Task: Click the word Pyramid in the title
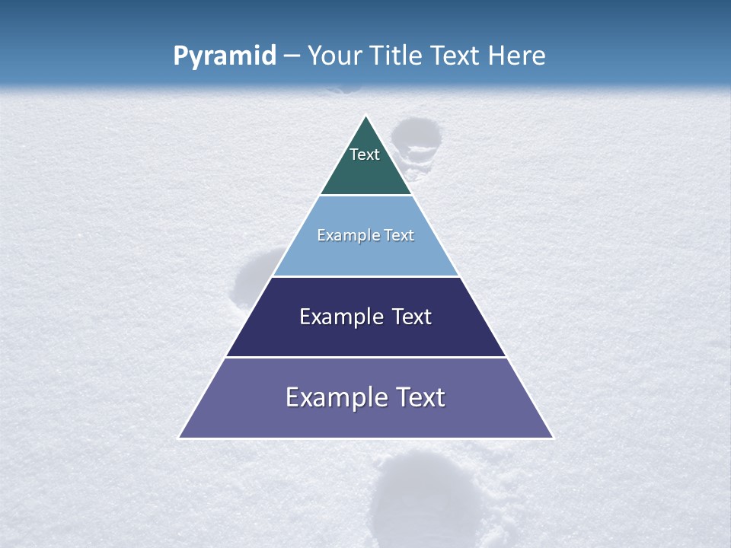tap(225, 56)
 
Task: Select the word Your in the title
tap(334, 56)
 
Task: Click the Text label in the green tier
tap(365, 155)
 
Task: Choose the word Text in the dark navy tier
tap(412, 317)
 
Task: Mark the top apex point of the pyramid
tap(366, 116)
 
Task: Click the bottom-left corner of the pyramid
tap(180, 438)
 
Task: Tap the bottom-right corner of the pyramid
tap(552, 438)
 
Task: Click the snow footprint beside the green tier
tap(417, 139)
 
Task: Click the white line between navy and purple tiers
tap(365, 357)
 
